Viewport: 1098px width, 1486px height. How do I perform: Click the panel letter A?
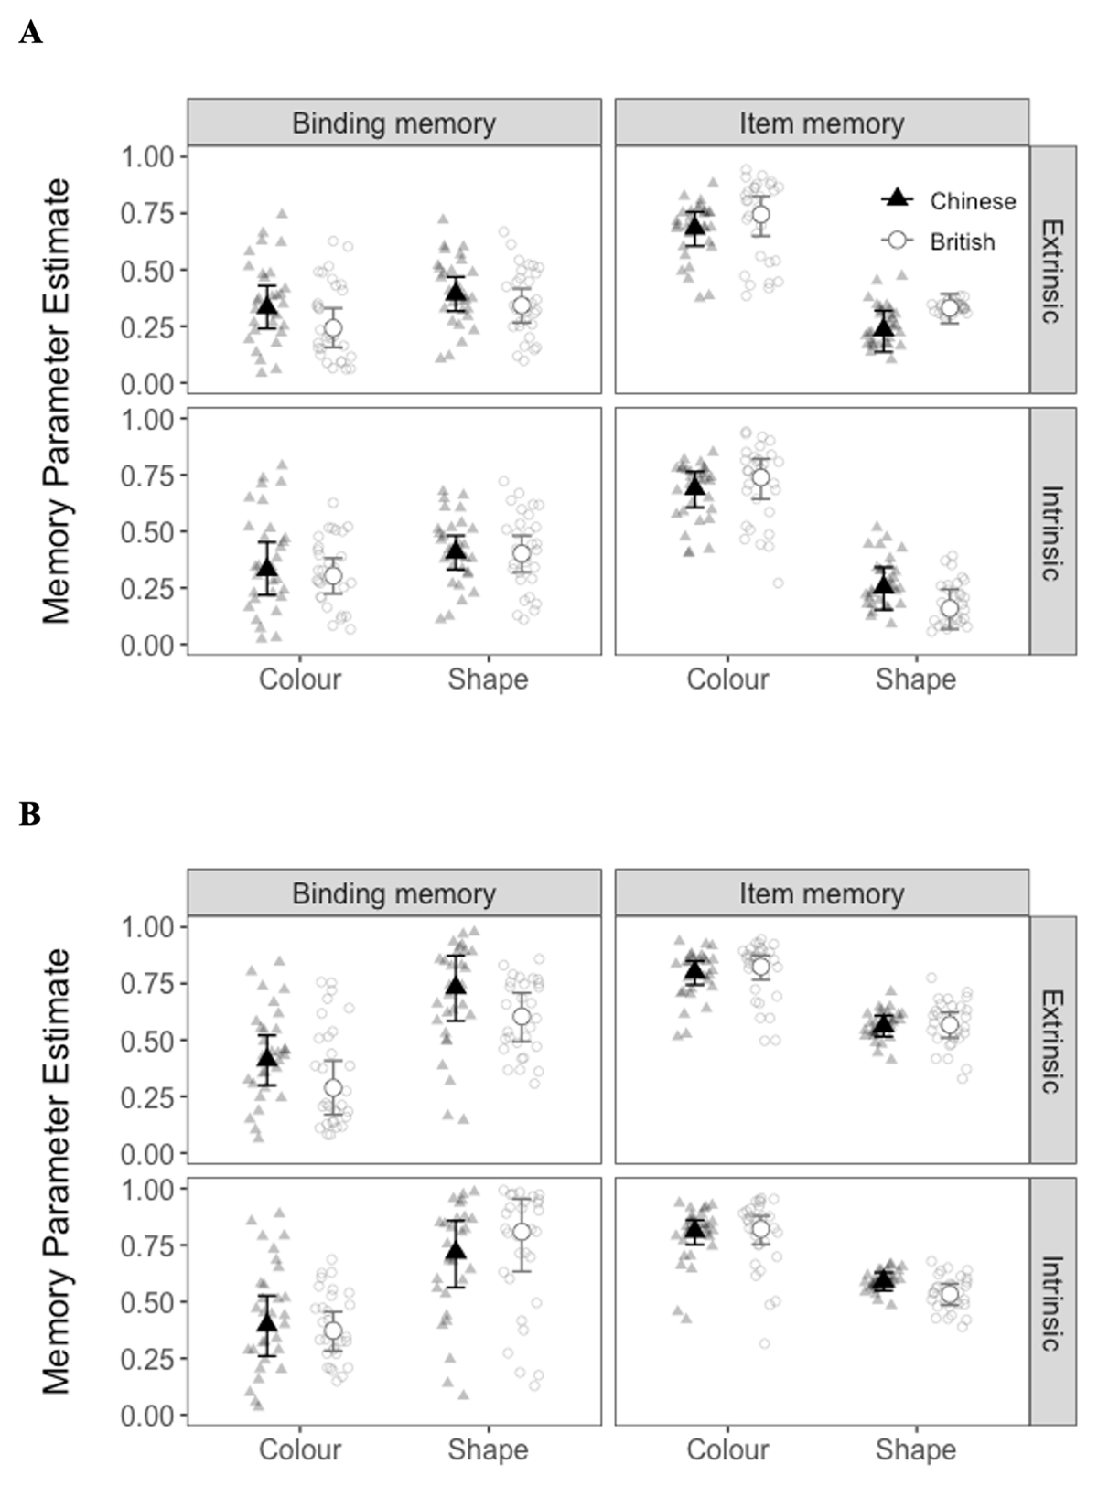pos(30,34)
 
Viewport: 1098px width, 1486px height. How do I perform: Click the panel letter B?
pos(29,813)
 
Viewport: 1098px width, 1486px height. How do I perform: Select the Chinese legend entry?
pos(972,201)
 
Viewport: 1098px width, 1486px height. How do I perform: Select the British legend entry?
pos(962,241)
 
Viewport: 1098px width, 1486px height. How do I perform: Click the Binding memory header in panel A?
pos(393,123)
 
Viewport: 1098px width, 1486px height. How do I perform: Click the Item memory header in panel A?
pos(821,123)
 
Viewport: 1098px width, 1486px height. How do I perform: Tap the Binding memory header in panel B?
pos(393,893)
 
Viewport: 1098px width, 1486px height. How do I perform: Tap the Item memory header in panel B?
pos(821,893)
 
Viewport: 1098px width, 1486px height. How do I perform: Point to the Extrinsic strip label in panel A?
pos(1052,271)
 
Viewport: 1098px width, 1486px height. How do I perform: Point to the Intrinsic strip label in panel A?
pos(1052,532)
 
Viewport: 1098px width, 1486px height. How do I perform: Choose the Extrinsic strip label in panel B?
pos(1052,1041)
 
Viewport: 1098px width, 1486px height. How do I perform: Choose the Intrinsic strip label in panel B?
pos(1052,1302)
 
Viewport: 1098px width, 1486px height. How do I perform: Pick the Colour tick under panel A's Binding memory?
pos(299,679)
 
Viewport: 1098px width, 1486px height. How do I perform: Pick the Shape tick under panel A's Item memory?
pos(915,679)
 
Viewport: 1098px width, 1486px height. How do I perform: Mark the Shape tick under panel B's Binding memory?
pos(488,1449)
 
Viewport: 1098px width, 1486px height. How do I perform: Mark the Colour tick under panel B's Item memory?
pos(727,1449)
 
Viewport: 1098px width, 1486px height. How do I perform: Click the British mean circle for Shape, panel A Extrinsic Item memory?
pos(950,308)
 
